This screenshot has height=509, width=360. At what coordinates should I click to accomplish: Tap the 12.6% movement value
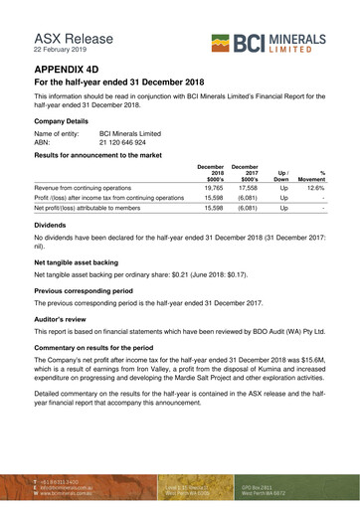pos(315,186)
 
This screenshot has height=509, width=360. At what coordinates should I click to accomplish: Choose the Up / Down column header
pos(283,173)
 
